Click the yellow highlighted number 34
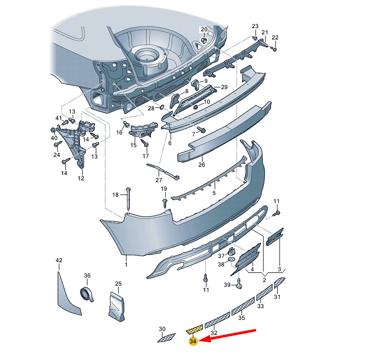pyautogui.click(x=193, y=341)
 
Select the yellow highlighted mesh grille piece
pyautogui.click(x=195, y=329)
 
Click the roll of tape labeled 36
pyautogui.click(x=87, y=294)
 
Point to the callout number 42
pyautogui.click(x=59, y=260)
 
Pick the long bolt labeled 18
pyautogui.click(x=128, y=199)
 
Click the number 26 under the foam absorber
pyautogui.click(x=201, y=164)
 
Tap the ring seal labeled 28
pyautogui.click(x=161, y=106)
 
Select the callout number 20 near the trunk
pyautogui.click(x=204, y=30)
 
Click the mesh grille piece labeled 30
pyautogui.click(x=167, y=338)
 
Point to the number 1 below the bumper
pyautogui.click(x=126, y=265)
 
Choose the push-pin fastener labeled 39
pyautogui.click(x=239, y=284)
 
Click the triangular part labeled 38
pyautogui.click(x=231, y=260)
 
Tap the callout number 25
pyautogui.click(x=118, y=284)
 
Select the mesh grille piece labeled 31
pyautogui.click(x=279, y=283)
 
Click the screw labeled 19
pyautogui.click(x=165, y=203)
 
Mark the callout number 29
pyautogui.click(x=224, y=87)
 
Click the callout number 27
pyautogui.click(x=158, y=180)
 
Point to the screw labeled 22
pyautogui.click(x=274, y=49)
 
